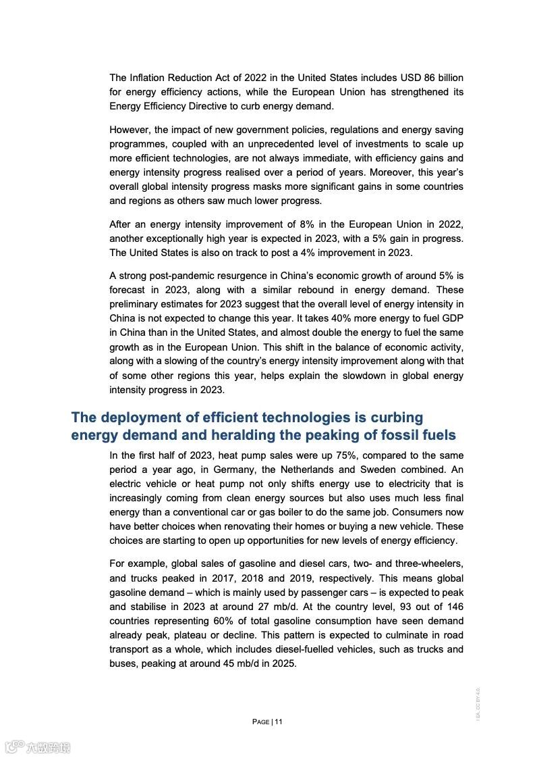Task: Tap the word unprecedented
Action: coord(302,144)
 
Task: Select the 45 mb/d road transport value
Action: coord(244,663)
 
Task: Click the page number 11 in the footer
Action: coord(279,722)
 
